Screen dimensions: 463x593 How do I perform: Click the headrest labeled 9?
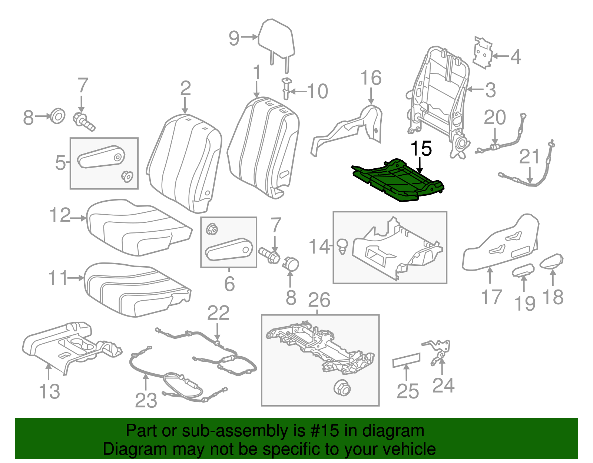(277, 39)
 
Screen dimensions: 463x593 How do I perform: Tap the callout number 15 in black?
(421, 148)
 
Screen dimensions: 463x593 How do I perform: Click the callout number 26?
(319, 300)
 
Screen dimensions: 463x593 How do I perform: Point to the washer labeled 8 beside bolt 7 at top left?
(57, 116)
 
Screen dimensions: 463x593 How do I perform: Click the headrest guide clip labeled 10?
(286, 88)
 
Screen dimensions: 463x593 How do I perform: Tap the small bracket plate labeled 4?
(483, 53)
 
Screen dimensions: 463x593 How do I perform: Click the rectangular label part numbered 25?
(407, 360)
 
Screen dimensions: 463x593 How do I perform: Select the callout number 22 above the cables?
(218, 313)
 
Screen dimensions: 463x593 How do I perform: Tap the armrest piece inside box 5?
(101, 158)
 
